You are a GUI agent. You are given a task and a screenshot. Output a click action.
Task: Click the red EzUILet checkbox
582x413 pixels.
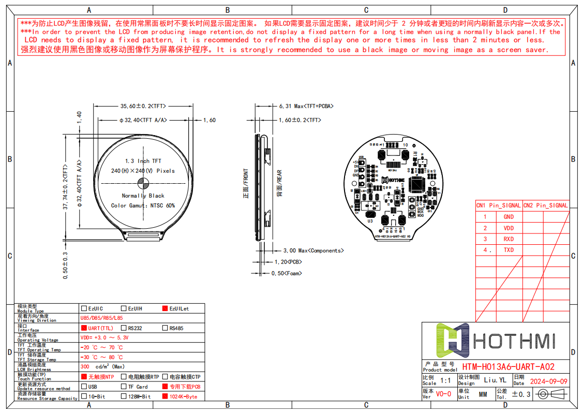(x=165, y=308)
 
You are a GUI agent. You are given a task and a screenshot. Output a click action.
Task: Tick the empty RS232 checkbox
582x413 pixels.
(x=124, y=328)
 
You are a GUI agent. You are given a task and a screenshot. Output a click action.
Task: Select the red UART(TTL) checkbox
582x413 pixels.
(x=84, y=328)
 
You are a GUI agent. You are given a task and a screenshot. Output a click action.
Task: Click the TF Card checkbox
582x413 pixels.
(x=124, y=387)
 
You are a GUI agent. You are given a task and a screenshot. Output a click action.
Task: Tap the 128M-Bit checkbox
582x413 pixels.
(x=124, y=396)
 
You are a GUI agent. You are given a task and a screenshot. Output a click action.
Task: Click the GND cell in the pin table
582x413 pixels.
(x=509, y=217)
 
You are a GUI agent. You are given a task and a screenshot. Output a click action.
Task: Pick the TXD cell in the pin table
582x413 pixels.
(x=509, y=250)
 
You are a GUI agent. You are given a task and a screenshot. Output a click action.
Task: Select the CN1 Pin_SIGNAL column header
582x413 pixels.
(x=499, y=205)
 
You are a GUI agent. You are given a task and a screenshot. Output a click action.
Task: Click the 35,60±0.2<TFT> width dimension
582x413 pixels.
(x=143, y=106)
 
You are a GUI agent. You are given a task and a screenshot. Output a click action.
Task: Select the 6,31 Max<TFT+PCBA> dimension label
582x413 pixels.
(x=306, y=106)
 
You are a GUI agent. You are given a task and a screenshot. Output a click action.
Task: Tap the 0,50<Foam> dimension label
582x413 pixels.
(x=287, y=273)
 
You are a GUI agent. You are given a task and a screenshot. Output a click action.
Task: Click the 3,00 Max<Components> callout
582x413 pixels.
(x=313, y=250)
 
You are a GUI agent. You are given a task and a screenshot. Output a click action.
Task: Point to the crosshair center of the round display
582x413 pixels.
(x=143, y=183)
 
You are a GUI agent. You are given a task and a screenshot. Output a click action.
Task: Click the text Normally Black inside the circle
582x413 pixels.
(x=143, y=196)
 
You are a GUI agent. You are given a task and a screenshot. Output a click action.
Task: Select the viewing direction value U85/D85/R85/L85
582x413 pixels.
(x=101, y=318)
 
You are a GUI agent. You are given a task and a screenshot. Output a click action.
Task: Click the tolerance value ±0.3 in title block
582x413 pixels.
(x=521, y=394)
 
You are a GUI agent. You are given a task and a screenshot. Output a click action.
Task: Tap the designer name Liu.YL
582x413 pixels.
(x=495, y=380)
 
